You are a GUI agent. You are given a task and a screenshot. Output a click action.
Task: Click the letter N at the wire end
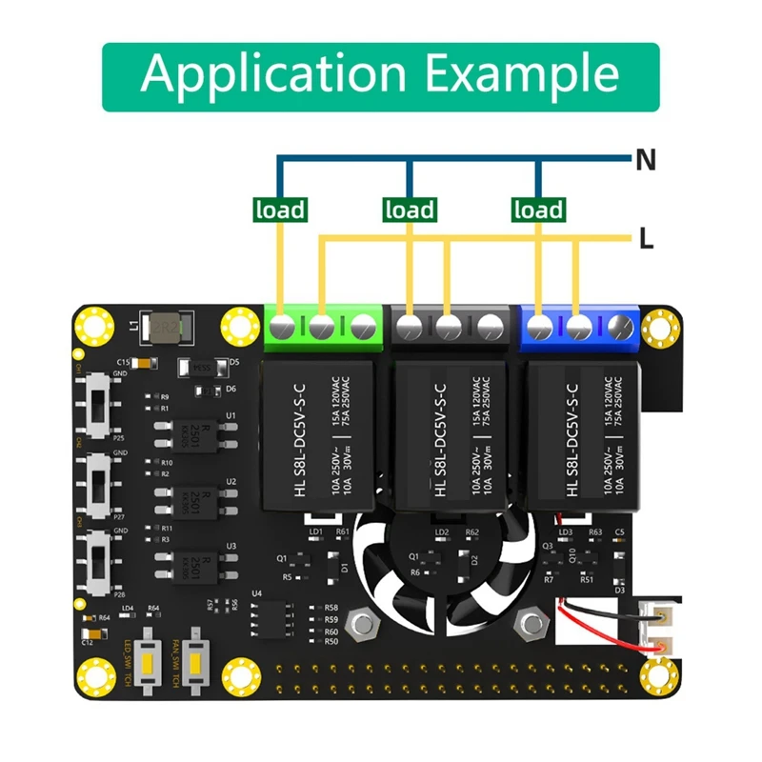[x=647, y=160]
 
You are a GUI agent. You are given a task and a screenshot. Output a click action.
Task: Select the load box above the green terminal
[x=279, y=209]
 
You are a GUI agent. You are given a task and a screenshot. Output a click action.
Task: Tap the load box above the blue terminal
[x=539, y=209]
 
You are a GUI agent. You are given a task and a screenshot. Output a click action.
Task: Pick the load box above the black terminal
[x=409, y=209]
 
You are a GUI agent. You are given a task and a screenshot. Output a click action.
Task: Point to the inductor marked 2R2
[x=166, y=331]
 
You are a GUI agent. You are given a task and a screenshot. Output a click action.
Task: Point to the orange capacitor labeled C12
[x=89, y=630]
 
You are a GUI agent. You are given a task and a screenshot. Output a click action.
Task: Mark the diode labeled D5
[x=201, y=365]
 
